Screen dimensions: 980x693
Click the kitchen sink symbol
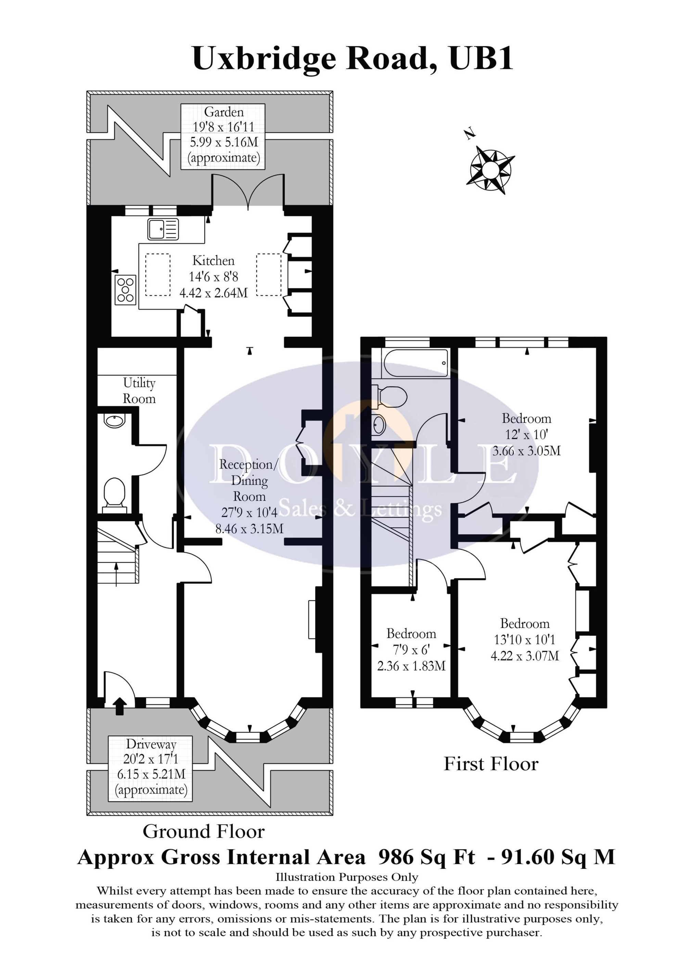[163, 229]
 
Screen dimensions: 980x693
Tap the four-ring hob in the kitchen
[126, 290]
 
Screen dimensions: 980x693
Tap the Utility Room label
[139, 390]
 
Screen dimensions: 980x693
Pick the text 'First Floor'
[491, 764]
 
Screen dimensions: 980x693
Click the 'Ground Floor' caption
[204, 831]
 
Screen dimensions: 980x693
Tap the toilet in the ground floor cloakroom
[114, 495]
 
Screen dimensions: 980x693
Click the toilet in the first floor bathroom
[389, 395]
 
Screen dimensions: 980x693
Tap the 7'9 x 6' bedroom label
[411, 650]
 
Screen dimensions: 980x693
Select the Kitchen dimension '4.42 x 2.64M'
[214, 293]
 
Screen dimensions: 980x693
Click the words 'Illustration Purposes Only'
[347, 877]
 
